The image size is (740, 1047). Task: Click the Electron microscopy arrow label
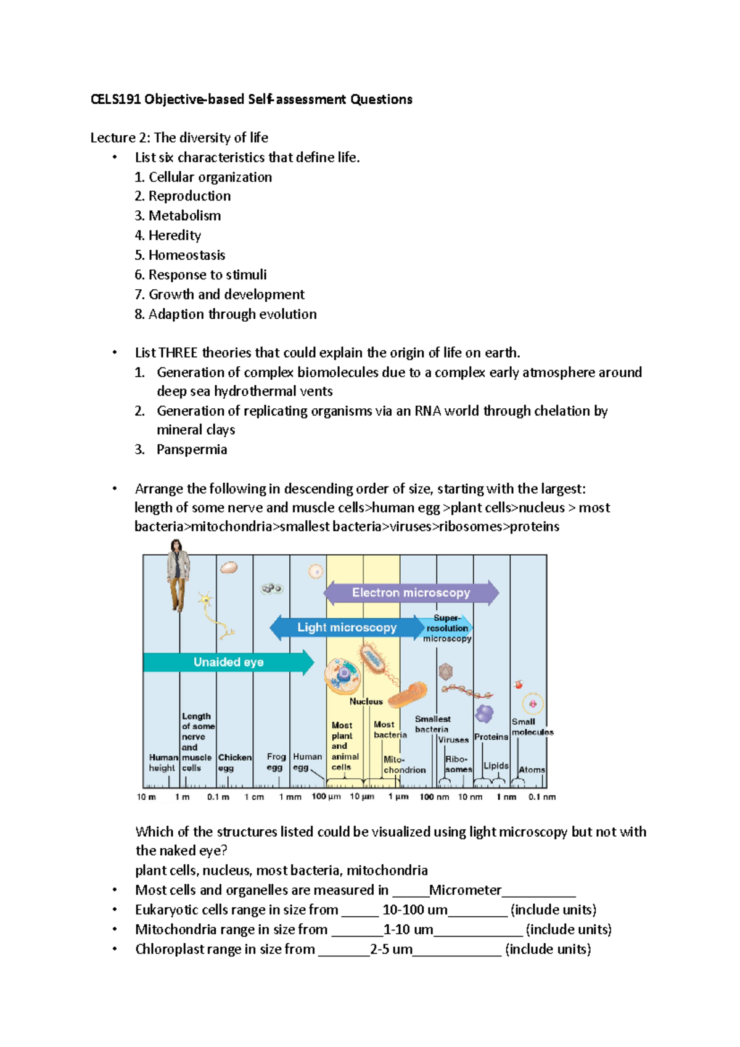[411, 593]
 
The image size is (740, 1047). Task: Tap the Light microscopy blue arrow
[347, 628]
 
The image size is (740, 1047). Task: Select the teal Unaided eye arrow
[228, 662]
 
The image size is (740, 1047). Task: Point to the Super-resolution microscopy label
[447, 628]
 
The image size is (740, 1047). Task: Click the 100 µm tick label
[326, 797]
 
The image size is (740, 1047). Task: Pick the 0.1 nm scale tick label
[541, 797]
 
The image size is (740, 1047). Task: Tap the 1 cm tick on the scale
[253, 797]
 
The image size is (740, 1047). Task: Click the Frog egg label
[276, 762]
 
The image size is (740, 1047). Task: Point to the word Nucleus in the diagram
[366, 702]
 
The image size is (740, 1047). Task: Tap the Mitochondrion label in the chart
[404, 765]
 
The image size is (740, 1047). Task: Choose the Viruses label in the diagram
[453, 740]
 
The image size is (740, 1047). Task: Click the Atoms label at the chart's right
[531, 770]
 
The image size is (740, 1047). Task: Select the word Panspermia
[192, 450]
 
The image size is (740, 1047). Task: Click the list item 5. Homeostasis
[180, 255]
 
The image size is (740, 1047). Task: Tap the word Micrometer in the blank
[465, 890]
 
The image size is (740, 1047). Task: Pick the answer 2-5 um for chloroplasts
[391, 949]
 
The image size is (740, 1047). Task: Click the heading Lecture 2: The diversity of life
[179, 138]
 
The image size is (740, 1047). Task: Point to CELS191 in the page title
[115, 99]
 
